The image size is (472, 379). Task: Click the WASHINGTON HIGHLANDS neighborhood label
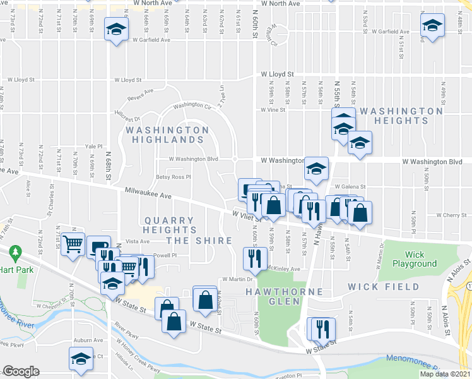[167, 134]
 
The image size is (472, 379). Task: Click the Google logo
[21, 371]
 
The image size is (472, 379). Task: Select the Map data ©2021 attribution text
[444, 374]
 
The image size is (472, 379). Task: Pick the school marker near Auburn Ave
[81, 359]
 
